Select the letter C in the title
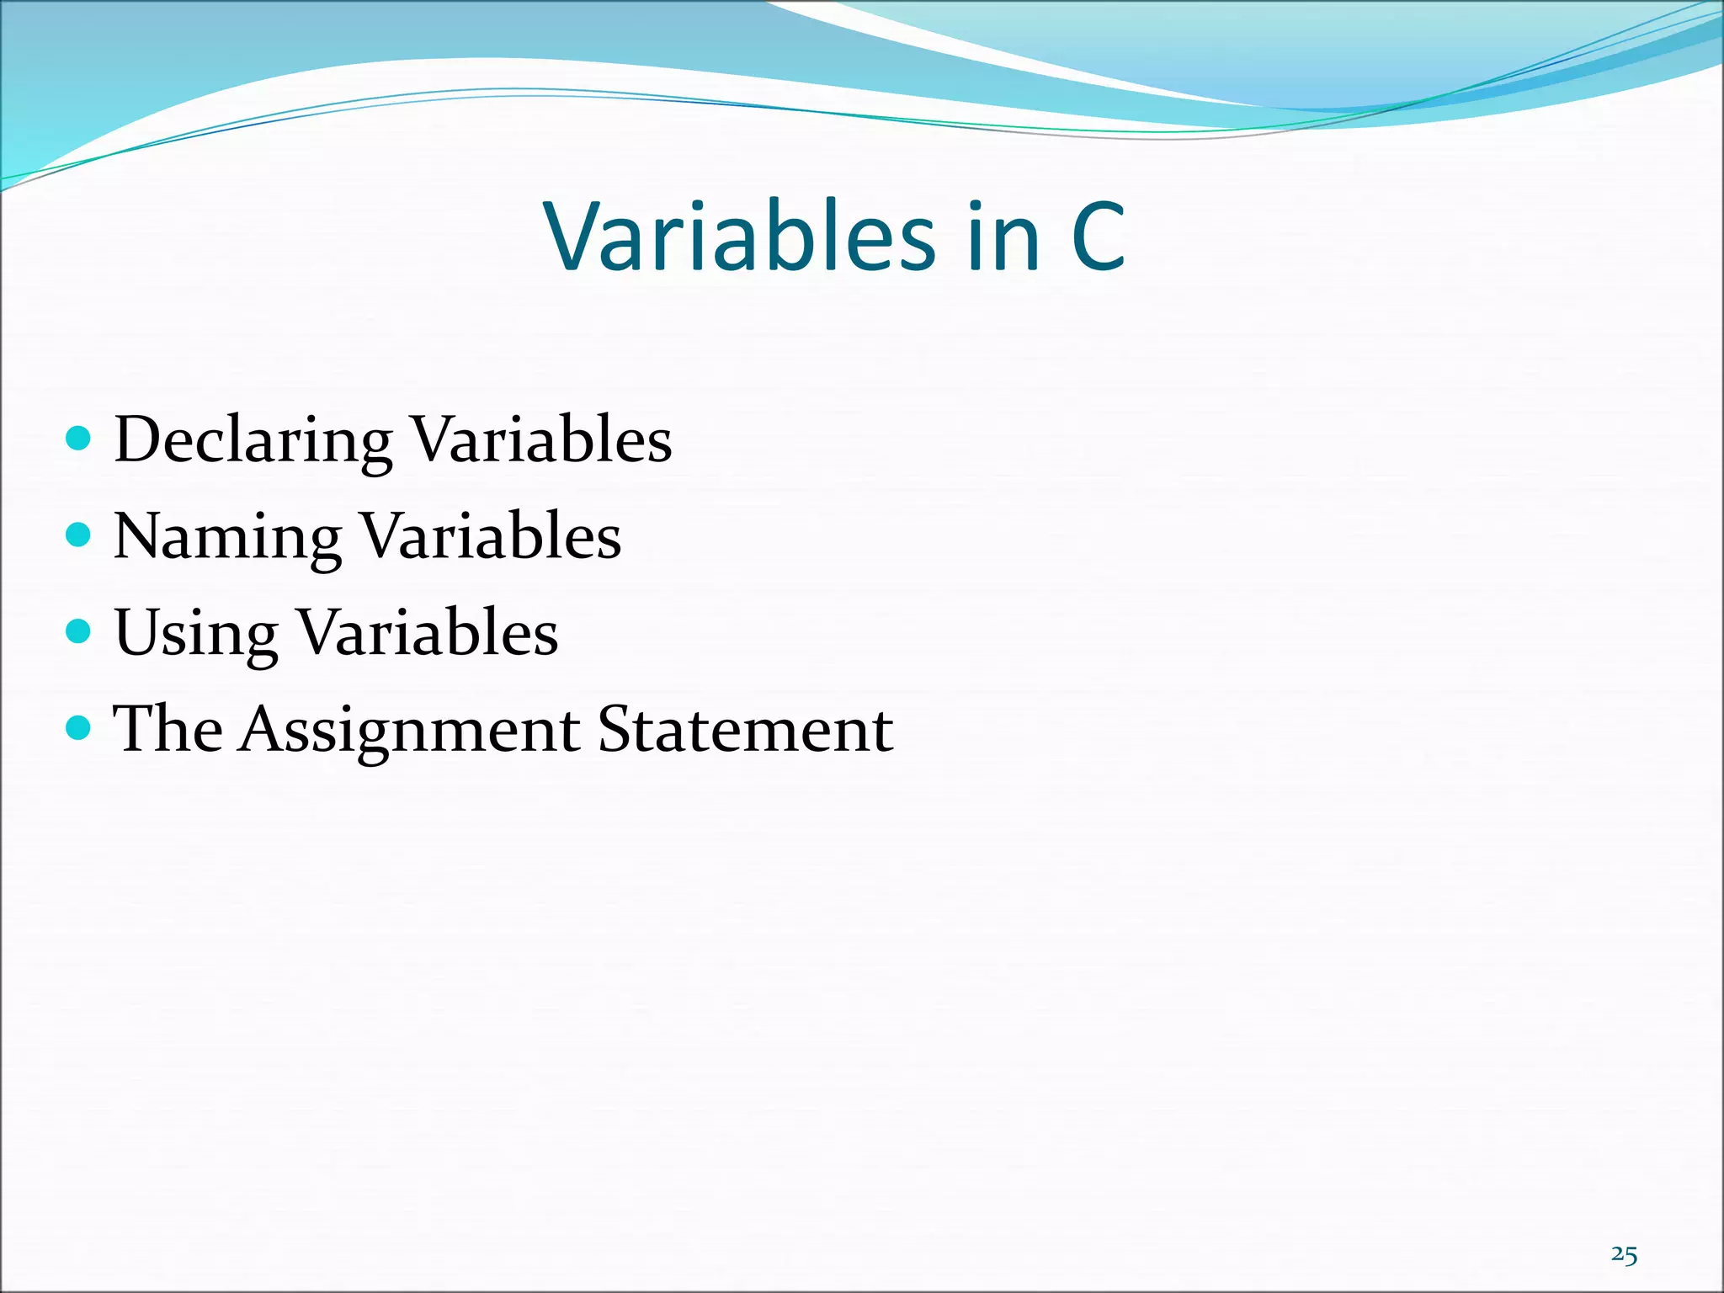[x=1098, y=237]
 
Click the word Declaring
[x=253, y=441]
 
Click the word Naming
[x=227, y=537]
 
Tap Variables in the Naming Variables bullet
[x=491, y=536]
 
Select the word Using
[x=195, y=633]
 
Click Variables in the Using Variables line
[x=428, y=632]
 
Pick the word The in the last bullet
[x=168, y=729]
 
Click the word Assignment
[x=408, y=729]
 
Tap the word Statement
[x=744, y=729]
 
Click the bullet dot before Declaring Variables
[x=77, y=438]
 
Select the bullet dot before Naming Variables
[x=77, y=535]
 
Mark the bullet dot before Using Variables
[x=77, y=631]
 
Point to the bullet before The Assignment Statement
[x=77, y=727]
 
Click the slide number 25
[x=1624, y=1255]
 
